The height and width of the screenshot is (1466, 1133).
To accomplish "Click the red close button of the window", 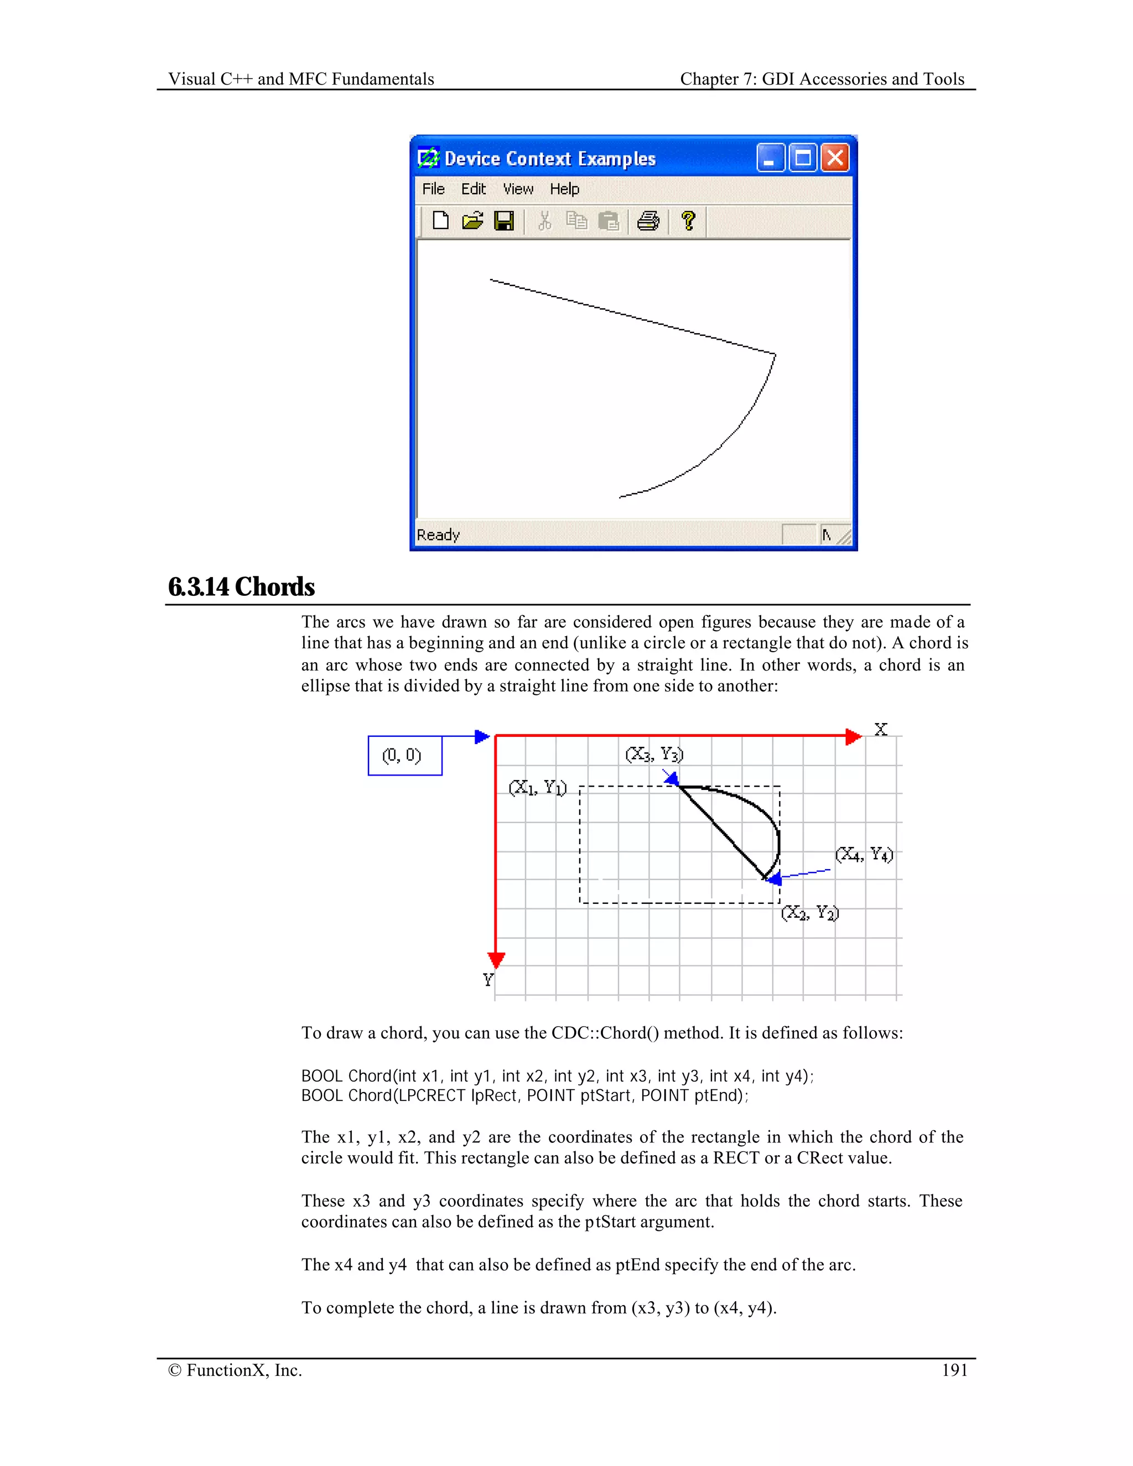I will pos(835,158).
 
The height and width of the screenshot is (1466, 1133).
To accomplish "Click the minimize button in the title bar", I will pos(770,158).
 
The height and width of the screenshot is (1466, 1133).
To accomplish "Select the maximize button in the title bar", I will pos(803,158).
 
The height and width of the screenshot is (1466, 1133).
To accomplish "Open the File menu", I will pos(433,189).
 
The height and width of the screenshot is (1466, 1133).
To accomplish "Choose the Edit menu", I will pos(473,189).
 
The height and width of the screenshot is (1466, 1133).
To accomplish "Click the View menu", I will pos(518,189).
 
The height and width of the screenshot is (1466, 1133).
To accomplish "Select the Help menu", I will pos(564,189).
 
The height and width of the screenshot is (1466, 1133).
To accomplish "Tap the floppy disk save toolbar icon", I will pos(504,221).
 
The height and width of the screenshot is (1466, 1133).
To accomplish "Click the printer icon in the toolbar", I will pos(648,221).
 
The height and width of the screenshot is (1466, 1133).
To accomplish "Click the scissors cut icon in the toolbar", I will pos(544,221).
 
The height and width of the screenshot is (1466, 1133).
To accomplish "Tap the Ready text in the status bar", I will pos(438,535).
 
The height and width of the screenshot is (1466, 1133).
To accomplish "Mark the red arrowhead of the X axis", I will pos(853,736).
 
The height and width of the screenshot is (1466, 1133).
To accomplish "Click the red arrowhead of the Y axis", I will pos(496,960).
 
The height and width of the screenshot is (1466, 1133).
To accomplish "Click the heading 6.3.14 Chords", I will pos(242,586).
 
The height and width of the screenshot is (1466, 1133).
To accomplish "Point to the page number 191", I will pos(954,1370).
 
